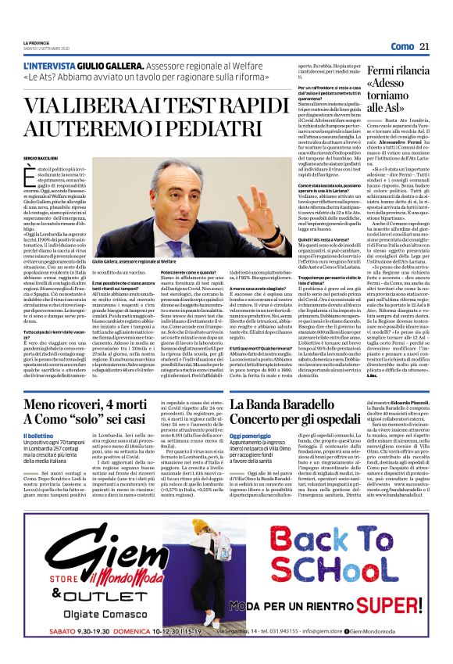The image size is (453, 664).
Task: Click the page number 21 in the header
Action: click(x=424, y=47)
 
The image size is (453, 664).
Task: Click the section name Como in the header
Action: click(x=402, y=47)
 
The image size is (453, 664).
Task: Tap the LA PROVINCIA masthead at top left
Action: click(x=35, y=44)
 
